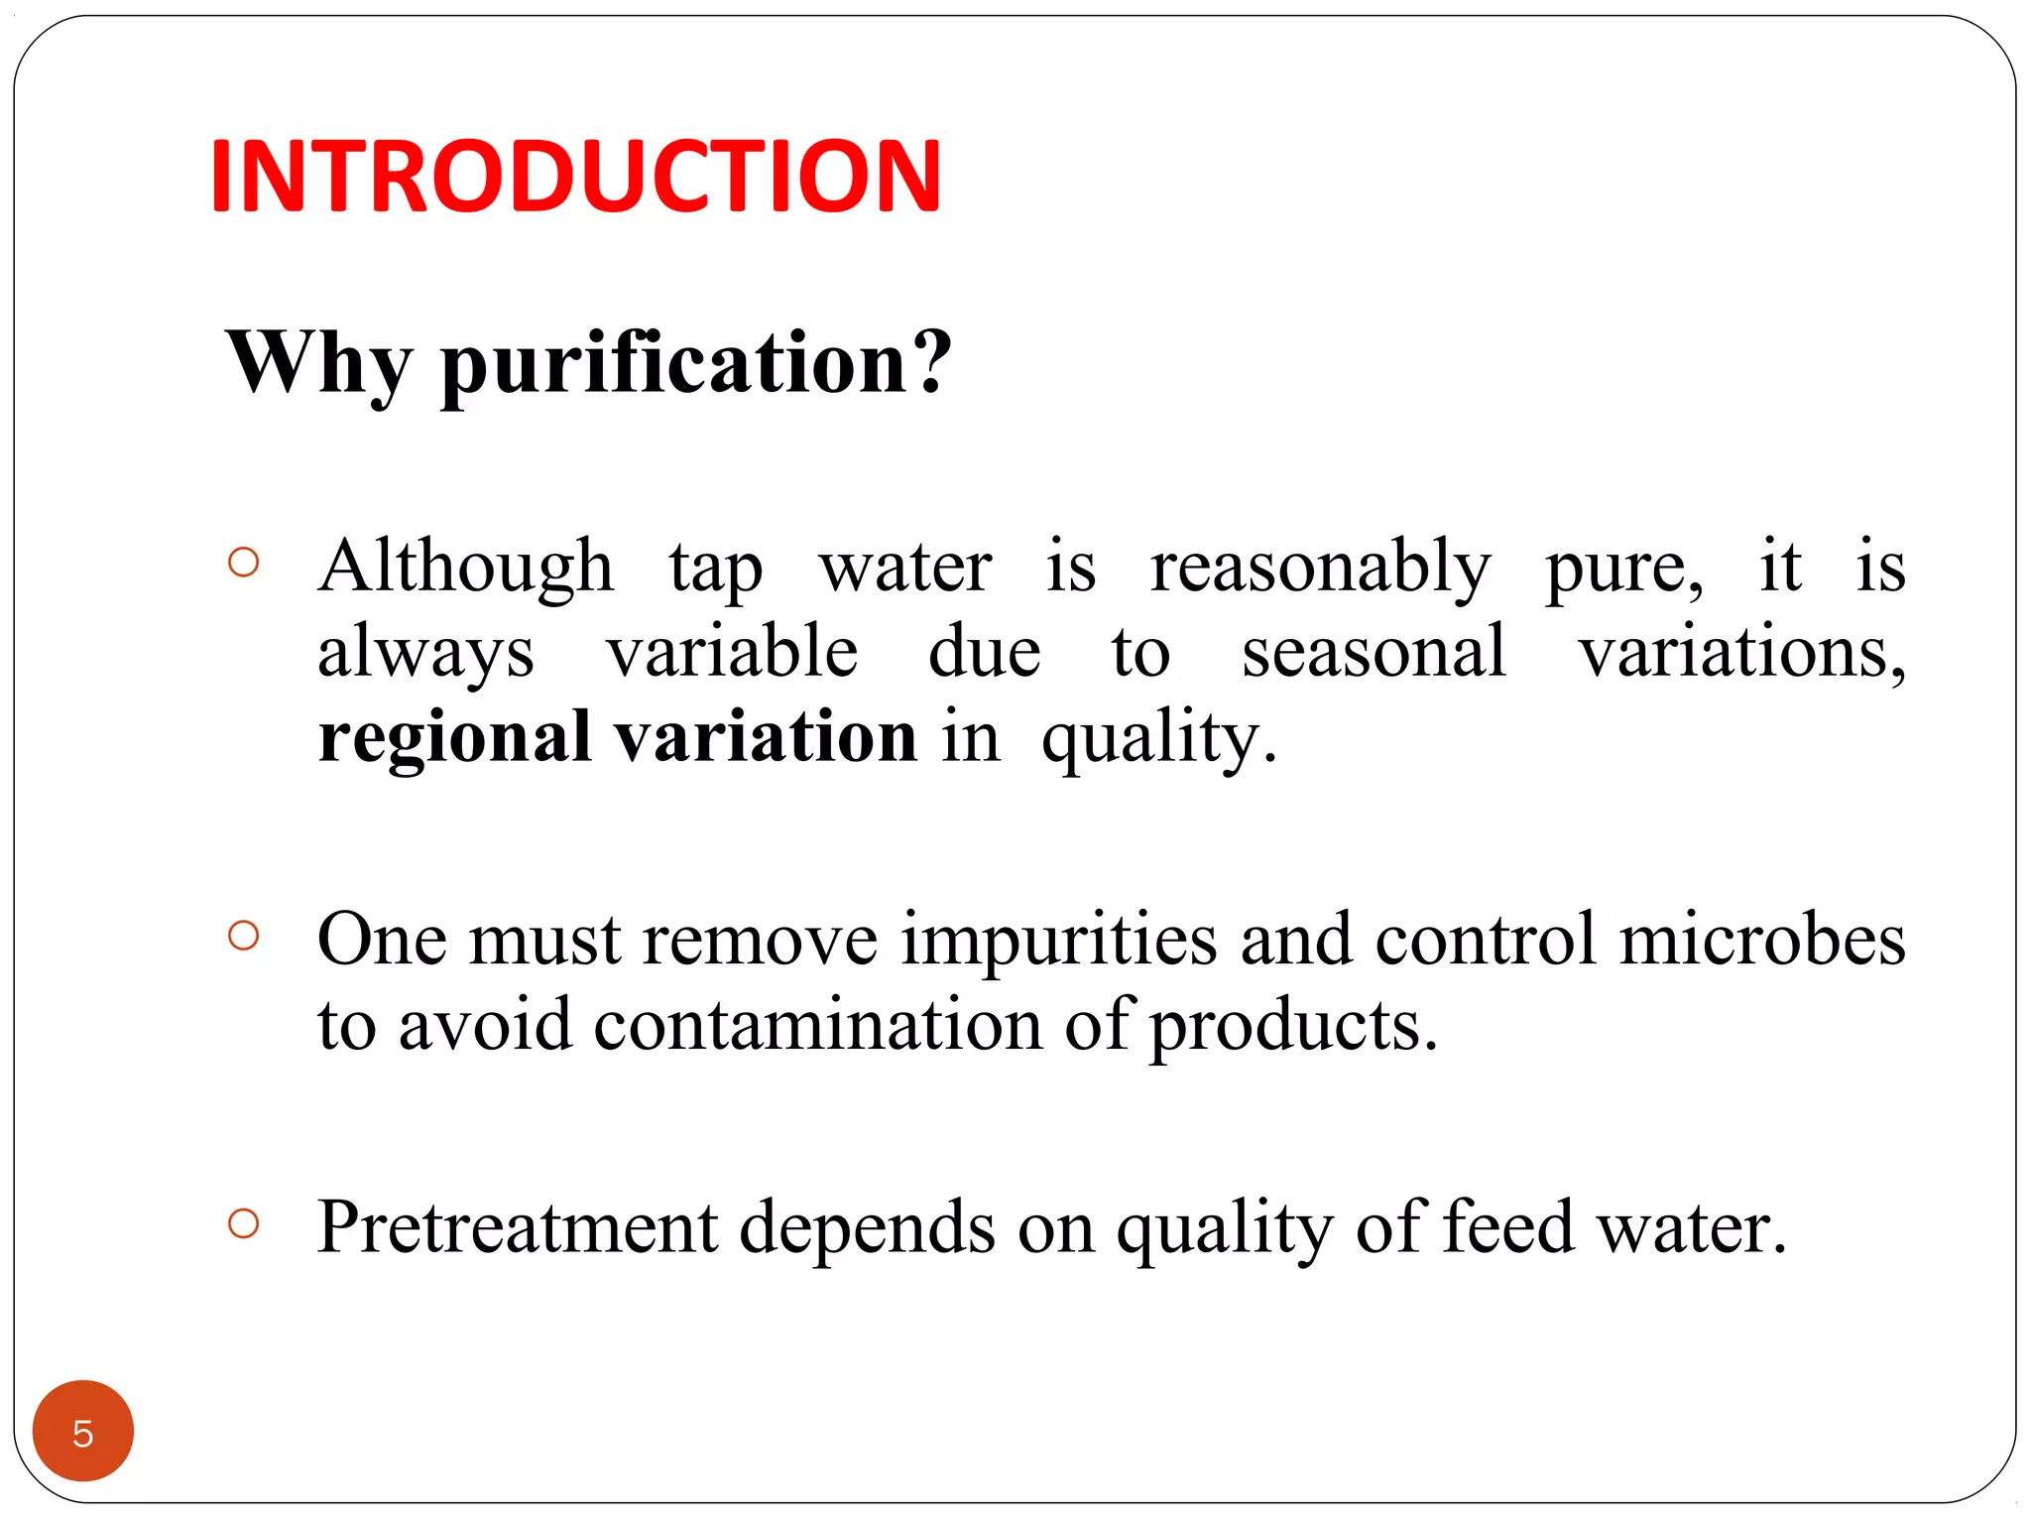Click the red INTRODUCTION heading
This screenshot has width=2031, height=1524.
575,177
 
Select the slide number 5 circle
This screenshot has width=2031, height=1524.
83,1431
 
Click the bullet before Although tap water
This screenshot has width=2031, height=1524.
243,563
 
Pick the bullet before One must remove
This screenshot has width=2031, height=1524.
243,936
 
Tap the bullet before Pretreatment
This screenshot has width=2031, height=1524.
243,1223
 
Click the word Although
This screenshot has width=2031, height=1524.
465,567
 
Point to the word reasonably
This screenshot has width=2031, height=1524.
1320,569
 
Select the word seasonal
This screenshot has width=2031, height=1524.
1374,652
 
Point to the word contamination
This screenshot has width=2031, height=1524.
817,1024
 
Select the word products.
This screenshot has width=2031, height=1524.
1293,1026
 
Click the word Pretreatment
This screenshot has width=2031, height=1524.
517,1227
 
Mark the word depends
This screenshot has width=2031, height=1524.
867,1228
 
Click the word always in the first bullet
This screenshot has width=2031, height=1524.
425,653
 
